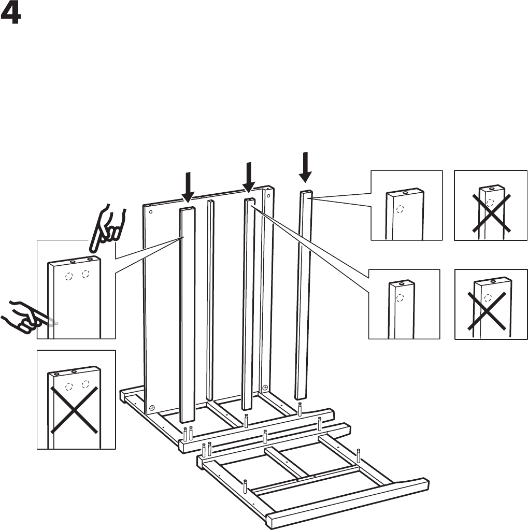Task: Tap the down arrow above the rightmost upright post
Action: pos(306,166)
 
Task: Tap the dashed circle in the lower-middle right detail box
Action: pos(399,298)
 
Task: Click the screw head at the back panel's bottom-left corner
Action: pos(152,407)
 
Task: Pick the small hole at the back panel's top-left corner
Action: pos(150,211)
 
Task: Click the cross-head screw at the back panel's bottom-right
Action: pos(265,388)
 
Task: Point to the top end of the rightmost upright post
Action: pos(306,194)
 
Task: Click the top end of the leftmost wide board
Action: pos(187,209)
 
